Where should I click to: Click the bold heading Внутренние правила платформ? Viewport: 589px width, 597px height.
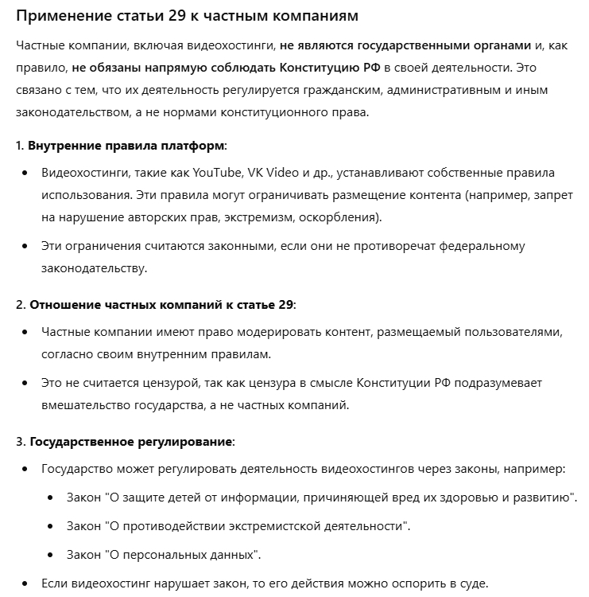coord(126,146)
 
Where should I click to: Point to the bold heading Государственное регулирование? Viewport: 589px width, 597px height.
coord(131,440)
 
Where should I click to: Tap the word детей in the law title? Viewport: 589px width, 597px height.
coord(189,497)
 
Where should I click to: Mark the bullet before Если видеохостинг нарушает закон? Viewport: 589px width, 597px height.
coord(25,583)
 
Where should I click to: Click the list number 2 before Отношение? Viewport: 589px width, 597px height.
coord(19,305)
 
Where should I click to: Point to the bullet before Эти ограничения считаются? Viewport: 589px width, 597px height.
coord(25,246)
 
